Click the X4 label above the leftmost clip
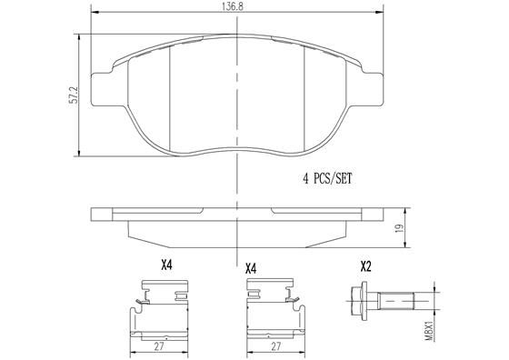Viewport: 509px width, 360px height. [166, 266]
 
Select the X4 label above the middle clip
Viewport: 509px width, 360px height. [251, 268]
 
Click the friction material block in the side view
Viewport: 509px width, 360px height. [237, 233]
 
